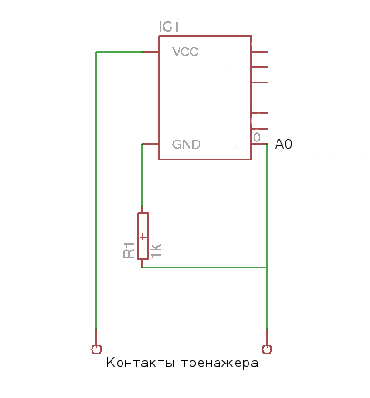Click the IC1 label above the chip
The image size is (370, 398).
[x=169, y=26]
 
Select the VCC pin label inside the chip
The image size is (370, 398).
[x=185, y=52]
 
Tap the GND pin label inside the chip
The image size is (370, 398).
[x=186, y=144]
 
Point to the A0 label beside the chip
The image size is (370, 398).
[x=284, y=144]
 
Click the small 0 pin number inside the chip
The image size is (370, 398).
[x=257, y=138]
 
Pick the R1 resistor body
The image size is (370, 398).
[x=142, y=236]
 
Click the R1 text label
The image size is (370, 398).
[x=129, y=250]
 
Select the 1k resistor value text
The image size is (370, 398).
[x=155, y=250]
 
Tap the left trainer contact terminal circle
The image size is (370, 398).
[x=96, y=349]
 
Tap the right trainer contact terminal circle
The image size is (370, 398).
[x=267, y=349]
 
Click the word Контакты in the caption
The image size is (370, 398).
[x=141, y=363]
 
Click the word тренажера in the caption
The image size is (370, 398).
[x=219, y=364]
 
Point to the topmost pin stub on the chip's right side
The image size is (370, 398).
[x=259, y=52]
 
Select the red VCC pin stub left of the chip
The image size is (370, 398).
[x=151, y=52]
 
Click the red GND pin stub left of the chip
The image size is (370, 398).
[x=151, y=144]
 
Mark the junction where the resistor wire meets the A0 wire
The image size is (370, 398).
[x=267, y=267]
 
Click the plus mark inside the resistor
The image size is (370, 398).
[x=143, y=237]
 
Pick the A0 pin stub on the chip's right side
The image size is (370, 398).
[x=259, y=144]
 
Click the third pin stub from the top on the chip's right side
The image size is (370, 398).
[x=259, y=83]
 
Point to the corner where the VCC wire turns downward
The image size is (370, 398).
[x=96, y=52]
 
